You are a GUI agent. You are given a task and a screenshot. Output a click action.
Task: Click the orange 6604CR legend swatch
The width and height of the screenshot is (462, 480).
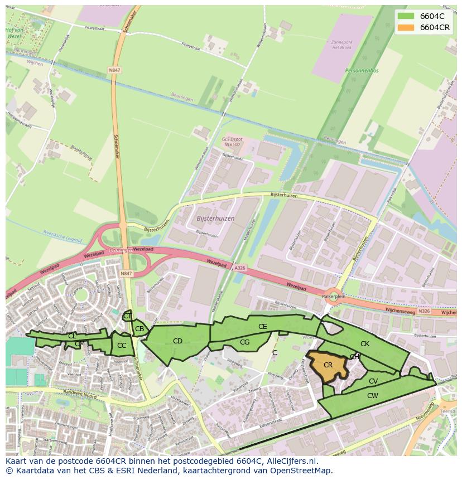coord(406,27)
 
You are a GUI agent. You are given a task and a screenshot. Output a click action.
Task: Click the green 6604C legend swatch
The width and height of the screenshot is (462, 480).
coord(406,16)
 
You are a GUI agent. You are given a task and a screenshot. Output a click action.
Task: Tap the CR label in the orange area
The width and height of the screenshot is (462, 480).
coord(328,365)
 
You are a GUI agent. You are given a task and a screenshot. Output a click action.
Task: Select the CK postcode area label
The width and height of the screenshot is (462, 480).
coord(364,344)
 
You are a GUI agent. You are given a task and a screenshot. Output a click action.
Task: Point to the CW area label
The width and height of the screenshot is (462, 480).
coord(373,395)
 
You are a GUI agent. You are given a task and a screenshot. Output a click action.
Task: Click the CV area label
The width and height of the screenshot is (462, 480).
coord(373,381)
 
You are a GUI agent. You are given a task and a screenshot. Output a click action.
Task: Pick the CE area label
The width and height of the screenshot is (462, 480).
coord(262,327)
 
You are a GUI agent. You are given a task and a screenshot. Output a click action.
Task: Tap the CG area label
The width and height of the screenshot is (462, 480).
coord(244,342)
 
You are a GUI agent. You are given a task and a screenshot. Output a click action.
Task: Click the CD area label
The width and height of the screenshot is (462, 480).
coord(177,341)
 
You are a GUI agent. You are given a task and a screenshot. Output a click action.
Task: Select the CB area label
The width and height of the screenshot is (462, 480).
coord(139,329)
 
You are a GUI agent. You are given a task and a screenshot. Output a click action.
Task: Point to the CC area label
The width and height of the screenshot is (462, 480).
coord(122,346)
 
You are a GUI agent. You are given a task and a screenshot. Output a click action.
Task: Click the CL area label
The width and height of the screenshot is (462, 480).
coord(72,336)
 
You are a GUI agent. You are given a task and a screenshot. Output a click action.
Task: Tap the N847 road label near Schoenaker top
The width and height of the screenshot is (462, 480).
coord(114,70)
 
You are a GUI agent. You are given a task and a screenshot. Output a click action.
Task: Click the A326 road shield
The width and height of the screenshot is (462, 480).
coord(240,268)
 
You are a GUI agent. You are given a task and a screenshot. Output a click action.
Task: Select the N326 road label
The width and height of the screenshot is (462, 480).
coord(424,311)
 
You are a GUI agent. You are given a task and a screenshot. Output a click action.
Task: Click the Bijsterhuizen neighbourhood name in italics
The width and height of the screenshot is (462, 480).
coord(216,219)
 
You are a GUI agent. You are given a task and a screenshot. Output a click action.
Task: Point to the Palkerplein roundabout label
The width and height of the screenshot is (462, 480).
coord(334,297)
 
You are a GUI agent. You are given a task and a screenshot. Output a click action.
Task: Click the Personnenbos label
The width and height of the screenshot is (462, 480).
coord(362,71)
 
